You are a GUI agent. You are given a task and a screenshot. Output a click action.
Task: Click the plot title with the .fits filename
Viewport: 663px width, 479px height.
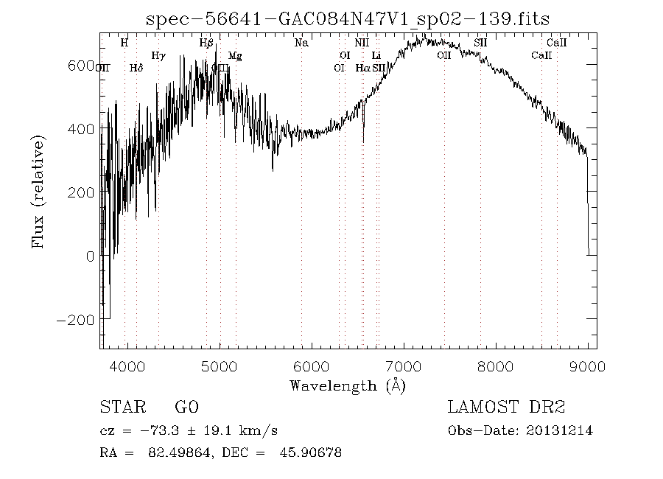point(348,19)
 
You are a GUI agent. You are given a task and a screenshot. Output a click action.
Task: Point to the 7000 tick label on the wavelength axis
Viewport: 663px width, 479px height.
point(403,366)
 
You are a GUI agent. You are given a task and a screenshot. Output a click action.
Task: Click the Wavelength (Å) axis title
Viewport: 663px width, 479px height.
point(348,385)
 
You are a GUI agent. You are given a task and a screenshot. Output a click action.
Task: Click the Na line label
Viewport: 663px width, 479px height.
point(301,43)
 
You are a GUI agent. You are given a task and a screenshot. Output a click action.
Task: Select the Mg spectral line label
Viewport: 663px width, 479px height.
point(235,55)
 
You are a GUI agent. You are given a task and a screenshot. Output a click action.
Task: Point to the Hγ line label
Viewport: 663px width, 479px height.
point(158,55)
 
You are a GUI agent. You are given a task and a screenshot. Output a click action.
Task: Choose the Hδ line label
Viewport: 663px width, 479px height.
point(136,68)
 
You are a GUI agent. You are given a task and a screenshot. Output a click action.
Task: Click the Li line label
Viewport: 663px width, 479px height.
point(376,55)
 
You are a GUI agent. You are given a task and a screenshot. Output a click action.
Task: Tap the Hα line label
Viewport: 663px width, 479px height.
point(362,68)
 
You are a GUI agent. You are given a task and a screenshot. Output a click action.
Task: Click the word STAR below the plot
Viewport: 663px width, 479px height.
point(119,408)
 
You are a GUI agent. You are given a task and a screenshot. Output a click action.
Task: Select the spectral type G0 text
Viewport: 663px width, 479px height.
point(186,408)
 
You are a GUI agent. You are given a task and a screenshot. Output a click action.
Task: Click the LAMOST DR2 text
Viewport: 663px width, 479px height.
point(506,408)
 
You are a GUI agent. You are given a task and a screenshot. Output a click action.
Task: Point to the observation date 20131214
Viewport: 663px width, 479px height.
point(561,430)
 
